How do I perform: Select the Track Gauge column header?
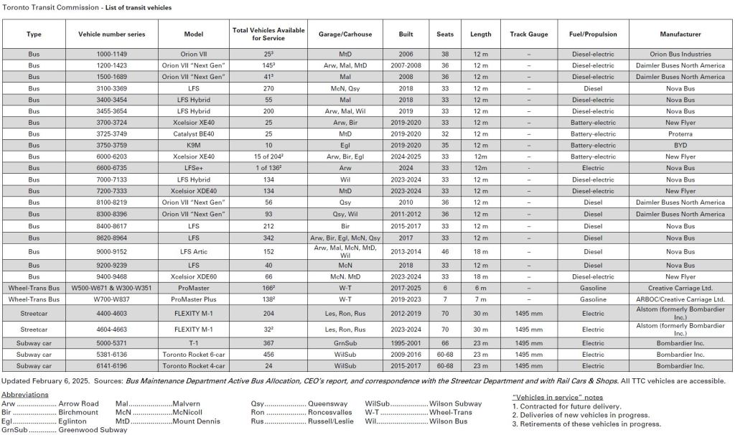(529, 34)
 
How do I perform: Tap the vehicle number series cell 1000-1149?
(111, 54)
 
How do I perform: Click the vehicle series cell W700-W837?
(111, 297)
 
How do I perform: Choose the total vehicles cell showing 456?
(268, 354)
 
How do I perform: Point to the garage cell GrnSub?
(345, 342)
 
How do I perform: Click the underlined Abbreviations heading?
(26, 394)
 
